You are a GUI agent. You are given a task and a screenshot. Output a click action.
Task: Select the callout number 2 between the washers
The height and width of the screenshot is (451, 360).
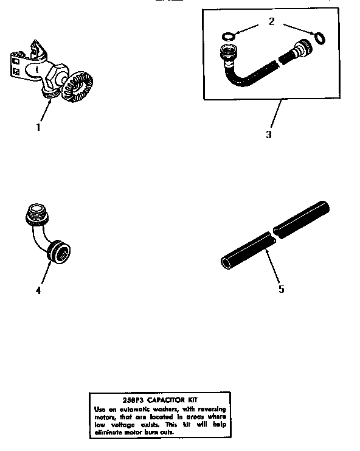point(271,21)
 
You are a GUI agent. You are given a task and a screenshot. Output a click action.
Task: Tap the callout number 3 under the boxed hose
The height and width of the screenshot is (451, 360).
point(269,134)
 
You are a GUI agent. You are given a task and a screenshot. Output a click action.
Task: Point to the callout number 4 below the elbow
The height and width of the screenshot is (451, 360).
point(38,290)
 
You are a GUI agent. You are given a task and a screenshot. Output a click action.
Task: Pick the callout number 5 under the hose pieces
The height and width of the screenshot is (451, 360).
point(281,289)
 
